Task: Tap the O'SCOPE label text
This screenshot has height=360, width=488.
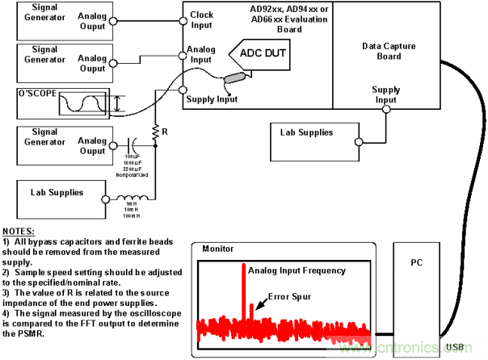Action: coord(38,94)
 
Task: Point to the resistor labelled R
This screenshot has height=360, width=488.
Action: coord(154,129)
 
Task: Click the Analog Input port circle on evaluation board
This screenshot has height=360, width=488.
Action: coord(184,56)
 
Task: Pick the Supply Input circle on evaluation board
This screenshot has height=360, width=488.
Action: coord(184,90)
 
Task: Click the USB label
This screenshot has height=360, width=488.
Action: coord(456,347)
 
